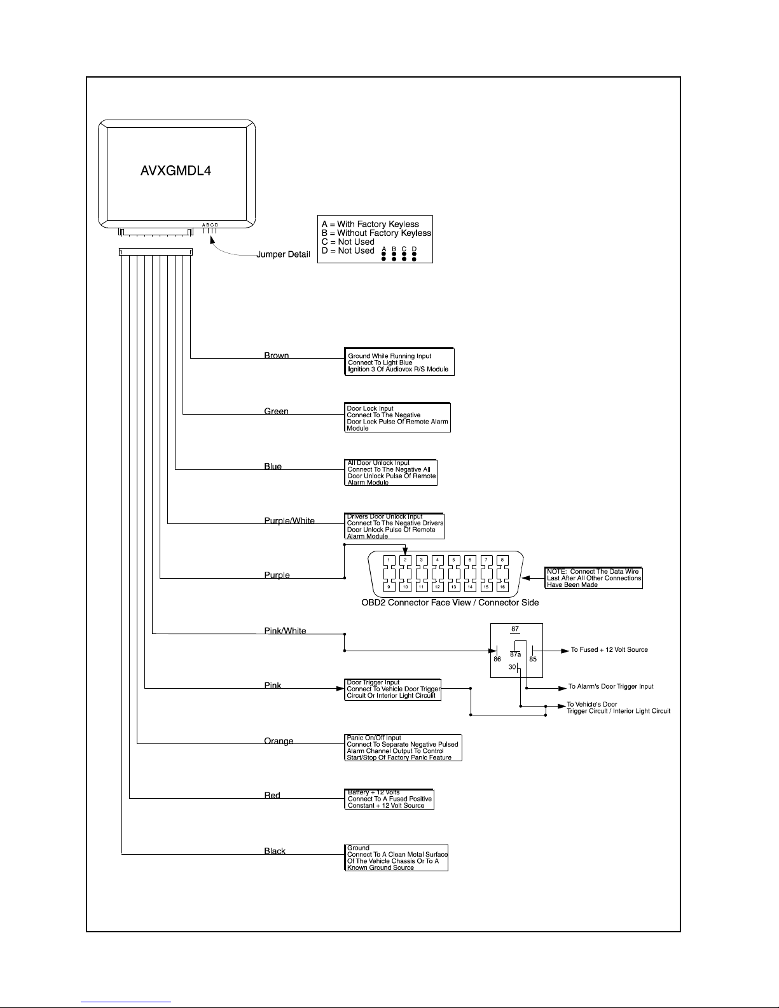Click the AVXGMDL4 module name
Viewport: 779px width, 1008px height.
tap(176, 170)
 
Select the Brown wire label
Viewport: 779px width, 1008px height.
tap(277, 356)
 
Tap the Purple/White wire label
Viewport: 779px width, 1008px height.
tap(289, 520)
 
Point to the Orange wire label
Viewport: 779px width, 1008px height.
tap(279, 741)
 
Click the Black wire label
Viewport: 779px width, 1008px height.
tap(275, 851)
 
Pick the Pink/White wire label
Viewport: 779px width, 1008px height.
tap(285, 631)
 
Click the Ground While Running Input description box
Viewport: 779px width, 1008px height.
tap(399, 362)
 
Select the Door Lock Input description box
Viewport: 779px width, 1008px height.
tap(397, 417)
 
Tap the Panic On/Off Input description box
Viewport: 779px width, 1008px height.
tap(403, 747)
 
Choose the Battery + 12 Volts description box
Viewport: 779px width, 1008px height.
tap(389, 799)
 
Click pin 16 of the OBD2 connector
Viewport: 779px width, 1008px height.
tap(502, 587)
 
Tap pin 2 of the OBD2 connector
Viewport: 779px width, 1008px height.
tap(405, 560)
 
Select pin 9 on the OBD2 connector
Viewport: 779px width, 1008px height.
tap(389, 587)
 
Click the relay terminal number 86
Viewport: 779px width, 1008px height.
tap(497, 659)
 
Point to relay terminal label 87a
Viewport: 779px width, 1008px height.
tap(515, 654)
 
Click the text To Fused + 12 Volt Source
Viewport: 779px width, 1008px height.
tap(609, 649)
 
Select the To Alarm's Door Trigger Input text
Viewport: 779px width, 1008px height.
tap(611, 686)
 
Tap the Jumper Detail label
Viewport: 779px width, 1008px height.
tap(284, 254)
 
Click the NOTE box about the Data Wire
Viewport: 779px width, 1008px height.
tap(593, 578)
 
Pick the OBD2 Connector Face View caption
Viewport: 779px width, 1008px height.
tap(450, 602)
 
